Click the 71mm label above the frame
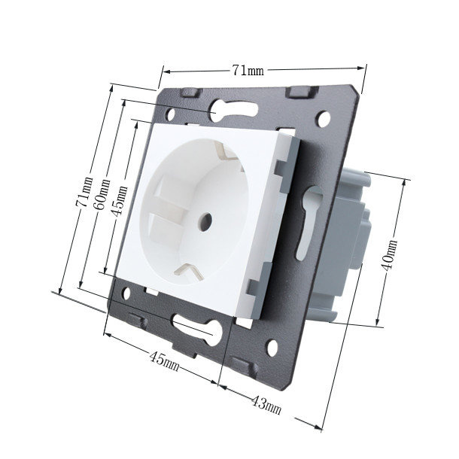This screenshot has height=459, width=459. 248,70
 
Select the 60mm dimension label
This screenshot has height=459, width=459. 102,195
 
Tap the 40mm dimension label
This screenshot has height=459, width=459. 389,255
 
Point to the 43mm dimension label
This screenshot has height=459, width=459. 266,405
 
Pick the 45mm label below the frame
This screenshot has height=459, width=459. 164,361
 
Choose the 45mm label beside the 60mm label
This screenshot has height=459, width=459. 120,201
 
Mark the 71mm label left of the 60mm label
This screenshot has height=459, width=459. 84,193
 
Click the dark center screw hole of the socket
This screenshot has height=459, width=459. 205,219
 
